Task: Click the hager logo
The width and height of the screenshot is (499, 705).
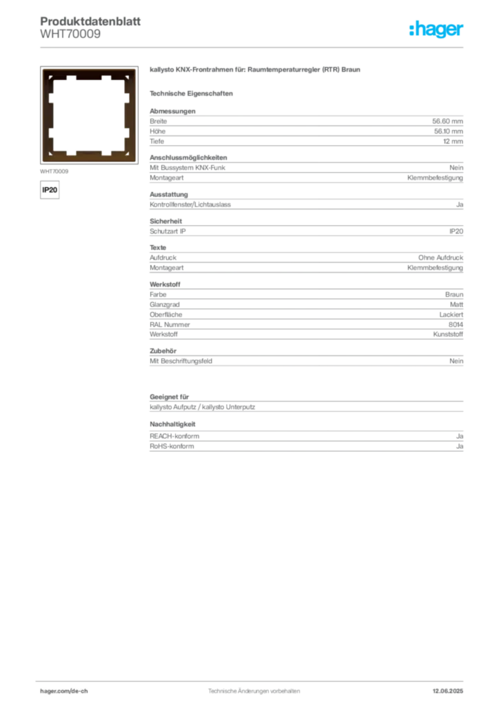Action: tap(436, 29)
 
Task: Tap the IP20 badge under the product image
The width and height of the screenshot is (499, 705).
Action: tap(50, 190)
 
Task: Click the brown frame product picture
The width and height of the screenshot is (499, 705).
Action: tap(89, 115)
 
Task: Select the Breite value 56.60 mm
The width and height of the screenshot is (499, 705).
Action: tap(447, 121)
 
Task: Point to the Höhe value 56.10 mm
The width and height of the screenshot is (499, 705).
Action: tap(448, 131)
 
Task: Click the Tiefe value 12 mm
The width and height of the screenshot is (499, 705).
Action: tap(453, 141)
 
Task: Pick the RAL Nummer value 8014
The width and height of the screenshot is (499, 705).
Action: tap(456, 325)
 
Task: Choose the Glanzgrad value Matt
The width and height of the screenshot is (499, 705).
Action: tap(456, 304)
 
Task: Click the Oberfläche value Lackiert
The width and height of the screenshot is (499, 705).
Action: tap(451, 315)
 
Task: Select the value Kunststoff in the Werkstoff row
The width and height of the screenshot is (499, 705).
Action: tap(448, 335)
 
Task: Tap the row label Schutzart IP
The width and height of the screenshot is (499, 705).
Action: tap(167, 231)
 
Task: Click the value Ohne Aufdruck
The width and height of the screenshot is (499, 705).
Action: tap(440, 257)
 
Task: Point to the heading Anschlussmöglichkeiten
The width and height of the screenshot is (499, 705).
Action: tap(188, 158)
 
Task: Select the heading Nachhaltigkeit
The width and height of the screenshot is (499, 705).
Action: tap(172, 424)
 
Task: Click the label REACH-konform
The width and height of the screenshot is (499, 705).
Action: tap(174, 436)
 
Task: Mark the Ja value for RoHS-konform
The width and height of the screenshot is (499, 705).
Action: tap(460, 446)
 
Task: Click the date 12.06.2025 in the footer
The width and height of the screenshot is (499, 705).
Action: tap(448, 691)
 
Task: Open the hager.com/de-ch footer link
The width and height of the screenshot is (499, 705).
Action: tap(64, 691)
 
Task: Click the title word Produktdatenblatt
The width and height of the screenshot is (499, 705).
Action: tap(90, 21)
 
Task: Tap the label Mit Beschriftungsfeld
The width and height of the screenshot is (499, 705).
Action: tap(181, 361)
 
